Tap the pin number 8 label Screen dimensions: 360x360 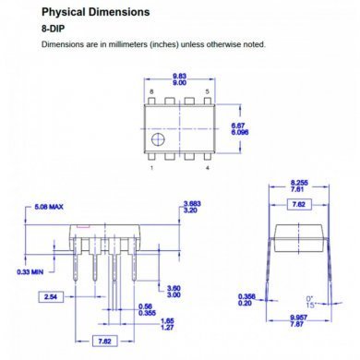(x=151, y=93)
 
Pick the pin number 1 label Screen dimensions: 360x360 (x=151, y=168)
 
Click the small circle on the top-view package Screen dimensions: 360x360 (x=159, y=140)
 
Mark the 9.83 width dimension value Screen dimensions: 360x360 (x=179, y=75)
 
